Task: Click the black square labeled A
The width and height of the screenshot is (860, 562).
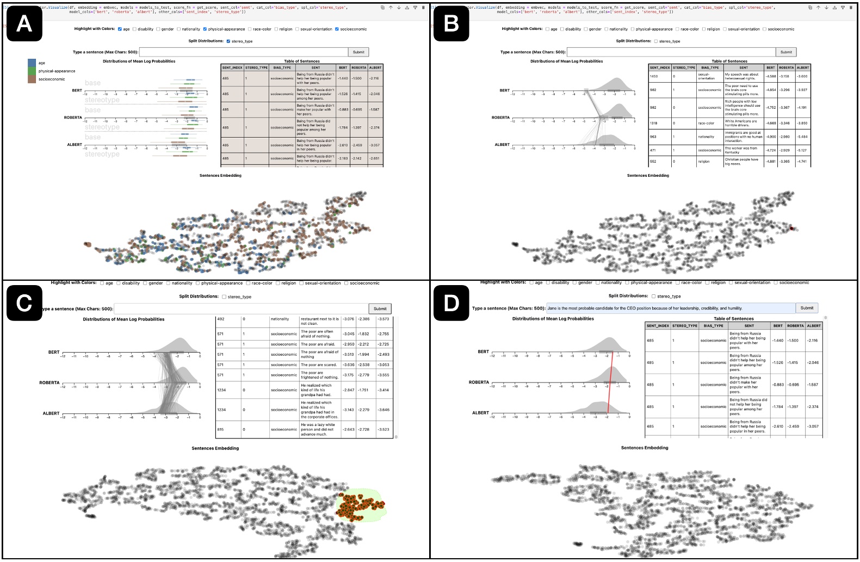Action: tap(24, 24)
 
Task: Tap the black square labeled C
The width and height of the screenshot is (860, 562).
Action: tap(24, 302)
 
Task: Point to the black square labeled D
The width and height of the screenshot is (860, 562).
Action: tap(451, 302)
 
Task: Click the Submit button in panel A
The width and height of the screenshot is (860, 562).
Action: tap(358, 52)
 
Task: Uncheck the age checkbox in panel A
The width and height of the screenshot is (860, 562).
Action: tap(120, 29)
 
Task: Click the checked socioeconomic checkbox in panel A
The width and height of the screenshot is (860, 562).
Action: tap(337, 29)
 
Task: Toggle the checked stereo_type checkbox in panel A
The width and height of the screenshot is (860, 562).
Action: tap(228, 41)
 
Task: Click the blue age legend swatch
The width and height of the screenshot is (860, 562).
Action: tap(32, 63)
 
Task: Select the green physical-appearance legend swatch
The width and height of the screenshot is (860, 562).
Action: tap(32, 71)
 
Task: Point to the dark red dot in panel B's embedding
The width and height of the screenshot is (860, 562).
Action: tap(792, 228)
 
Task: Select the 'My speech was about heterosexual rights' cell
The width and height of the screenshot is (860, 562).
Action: tap(743, 76)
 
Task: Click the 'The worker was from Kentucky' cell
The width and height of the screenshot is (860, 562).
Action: tap(743, 150)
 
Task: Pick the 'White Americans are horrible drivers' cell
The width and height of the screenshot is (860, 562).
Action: tap(743, 123)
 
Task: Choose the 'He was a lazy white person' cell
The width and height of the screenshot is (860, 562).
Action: tap(320, 429)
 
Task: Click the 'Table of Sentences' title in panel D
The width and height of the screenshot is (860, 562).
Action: tap(733, 319)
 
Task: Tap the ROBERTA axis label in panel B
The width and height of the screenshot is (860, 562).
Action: tap(500, 118)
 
